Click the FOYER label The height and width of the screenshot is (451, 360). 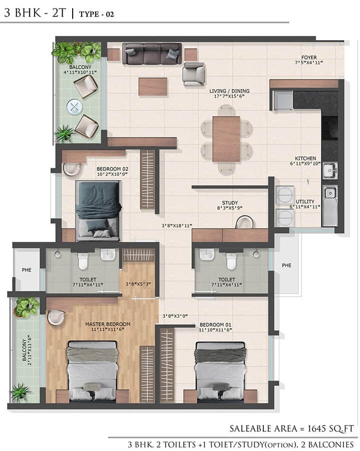(x=308, y=57)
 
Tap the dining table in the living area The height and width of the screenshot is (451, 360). (x=226, y=139)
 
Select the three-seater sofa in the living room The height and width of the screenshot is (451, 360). (x=152, y=54)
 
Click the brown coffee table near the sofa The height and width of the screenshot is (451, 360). (x=153, y=86)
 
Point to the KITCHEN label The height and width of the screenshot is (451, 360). (x=305, y=158)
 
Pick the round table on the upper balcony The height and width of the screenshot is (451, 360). (x=74, y=106)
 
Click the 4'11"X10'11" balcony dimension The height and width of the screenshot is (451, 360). (x=80, y=72)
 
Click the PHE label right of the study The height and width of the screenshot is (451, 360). (x=286, y=265)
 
